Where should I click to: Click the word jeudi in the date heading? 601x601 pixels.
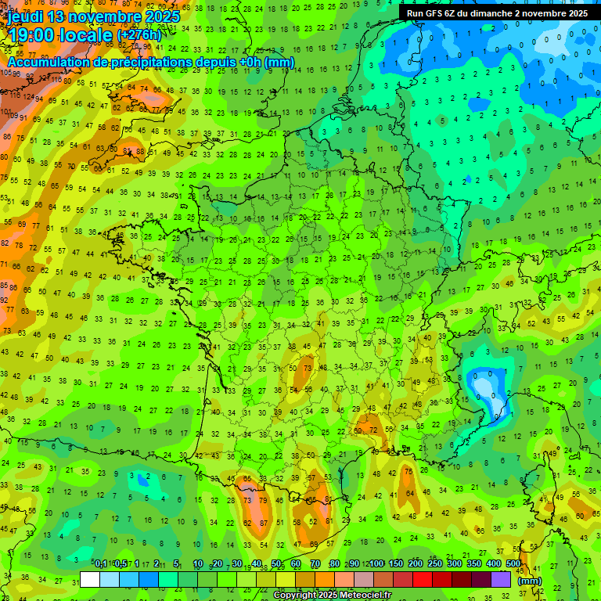(27, 16)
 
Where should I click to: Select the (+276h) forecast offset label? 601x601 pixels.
(139, 35)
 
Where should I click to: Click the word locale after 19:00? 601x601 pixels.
(87, 34)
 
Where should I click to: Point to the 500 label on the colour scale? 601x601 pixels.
(513, 564)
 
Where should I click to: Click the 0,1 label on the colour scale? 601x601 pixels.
(100, 564)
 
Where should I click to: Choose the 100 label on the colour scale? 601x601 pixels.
(376, 564)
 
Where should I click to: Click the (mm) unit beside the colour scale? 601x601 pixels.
(530, 581)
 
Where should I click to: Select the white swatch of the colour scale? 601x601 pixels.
(90, 579)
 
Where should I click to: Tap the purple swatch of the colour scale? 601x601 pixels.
(501, 579)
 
